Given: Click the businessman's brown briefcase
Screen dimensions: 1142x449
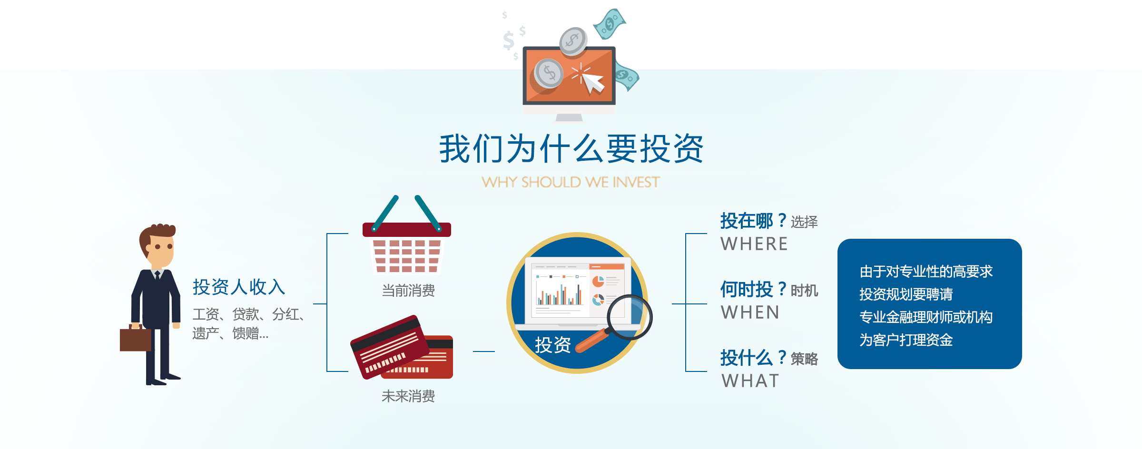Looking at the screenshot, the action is (x=135, y=338).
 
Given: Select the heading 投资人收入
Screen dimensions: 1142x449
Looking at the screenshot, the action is (x=239, y=287).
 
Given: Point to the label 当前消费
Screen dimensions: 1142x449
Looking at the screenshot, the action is (x=408, y=291).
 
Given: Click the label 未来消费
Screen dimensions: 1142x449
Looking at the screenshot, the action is (x=408, y=396).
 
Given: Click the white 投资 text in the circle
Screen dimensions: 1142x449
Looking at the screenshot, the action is (x=553, y=345).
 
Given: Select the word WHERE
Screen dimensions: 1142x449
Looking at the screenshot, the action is (x=754, y=244).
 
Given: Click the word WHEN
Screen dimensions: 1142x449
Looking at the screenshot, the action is (x=750, y=312).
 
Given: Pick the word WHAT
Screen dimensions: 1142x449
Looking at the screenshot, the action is (x=750, y=381).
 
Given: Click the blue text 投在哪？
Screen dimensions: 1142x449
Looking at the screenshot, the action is (x=754, y=221).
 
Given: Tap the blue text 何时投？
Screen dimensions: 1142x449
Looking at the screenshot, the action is (x=754, y=289).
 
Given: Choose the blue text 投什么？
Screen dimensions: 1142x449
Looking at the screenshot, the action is (x=754, y=358).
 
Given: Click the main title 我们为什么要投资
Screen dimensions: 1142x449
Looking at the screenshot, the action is (x=571, y=148).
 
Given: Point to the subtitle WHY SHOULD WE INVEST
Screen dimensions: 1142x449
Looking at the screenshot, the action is (x=571, y=182).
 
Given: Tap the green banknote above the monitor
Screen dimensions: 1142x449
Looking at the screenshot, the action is (x=610, y=24).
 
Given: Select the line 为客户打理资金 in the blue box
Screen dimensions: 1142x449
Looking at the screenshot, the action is (x=906, y=340).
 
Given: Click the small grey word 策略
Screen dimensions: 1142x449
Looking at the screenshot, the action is (x=804, y=359).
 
